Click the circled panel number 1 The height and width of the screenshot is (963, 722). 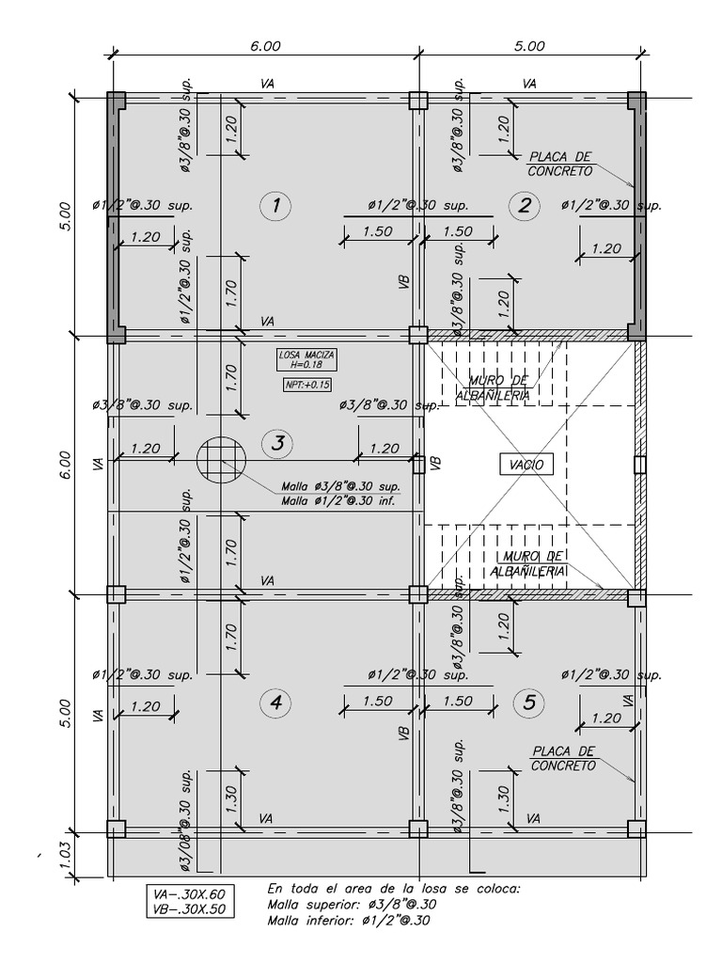tap(275, 206)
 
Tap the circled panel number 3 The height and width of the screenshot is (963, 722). tap(276, 444)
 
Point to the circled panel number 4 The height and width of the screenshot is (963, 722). tap(275, 703)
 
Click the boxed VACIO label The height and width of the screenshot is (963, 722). tap(526, 464)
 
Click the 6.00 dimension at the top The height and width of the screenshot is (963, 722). tap(265, 45)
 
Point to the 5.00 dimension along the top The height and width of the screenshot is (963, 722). tap(529, 45)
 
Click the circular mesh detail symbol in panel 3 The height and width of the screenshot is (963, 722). tap(221, 461)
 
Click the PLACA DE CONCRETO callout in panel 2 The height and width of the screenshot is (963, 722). tap(560, 166)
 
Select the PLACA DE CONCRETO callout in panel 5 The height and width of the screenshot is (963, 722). tap(563, 758)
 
